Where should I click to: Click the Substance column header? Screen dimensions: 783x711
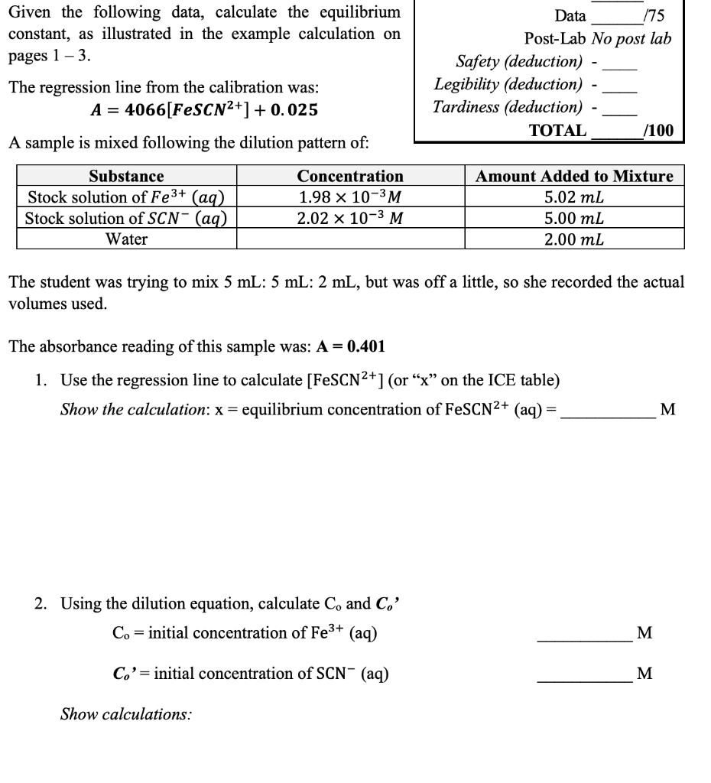pyautogui.click(x=126, y=176)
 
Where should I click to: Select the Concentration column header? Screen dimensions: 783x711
pyautogui.click(x=350, y=176)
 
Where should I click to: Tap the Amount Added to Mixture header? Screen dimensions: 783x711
pyautogui.click(x=574, y=176)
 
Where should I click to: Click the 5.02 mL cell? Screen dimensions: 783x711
pyautogui.click(x=574, y=197)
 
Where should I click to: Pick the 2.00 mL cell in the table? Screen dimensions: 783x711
pyautogui.click(x=574, y=239)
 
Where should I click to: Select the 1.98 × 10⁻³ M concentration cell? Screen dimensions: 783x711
pyautogui.click(x=350, y=197)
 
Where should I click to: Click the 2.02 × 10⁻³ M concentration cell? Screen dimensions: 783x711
pyautogui.click(x=350, y=219)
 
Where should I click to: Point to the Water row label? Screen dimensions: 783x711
pyautogui.click(x=126, y=239)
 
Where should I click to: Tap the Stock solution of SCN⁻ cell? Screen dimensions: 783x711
pyautogui.click(x=126, y=219)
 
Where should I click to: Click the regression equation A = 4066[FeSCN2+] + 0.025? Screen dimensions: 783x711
pyautogui.click(x=204, y=109)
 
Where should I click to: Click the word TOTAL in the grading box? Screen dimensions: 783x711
pyautogui.click(x=558, y=130)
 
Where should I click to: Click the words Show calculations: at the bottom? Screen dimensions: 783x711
pyautogui.click(x=126, y=715)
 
